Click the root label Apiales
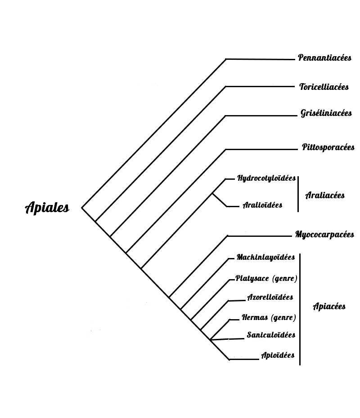coord(47,208)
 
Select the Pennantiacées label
coord(324,58)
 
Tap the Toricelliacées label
coord(324,87)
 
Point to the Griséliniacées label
coord(326,113)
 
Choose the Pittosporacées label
coord(328,147)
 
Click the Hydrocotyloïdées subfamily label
coord(266,178)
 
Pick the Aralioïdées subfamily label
coord(262,205)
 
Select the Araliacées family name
coord(325,195)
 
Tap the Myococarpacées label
coord(324,235)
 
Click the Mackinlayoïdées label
coord(265,258)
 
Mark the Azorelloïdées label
coord(270,297)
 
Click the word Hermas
coord(255,318)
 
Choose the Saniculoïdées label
coord(271,335)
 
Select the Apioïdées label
coord(278,356)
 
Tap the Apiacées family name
coord(329,307)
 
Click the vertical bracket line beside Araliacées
coord(298,193)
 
